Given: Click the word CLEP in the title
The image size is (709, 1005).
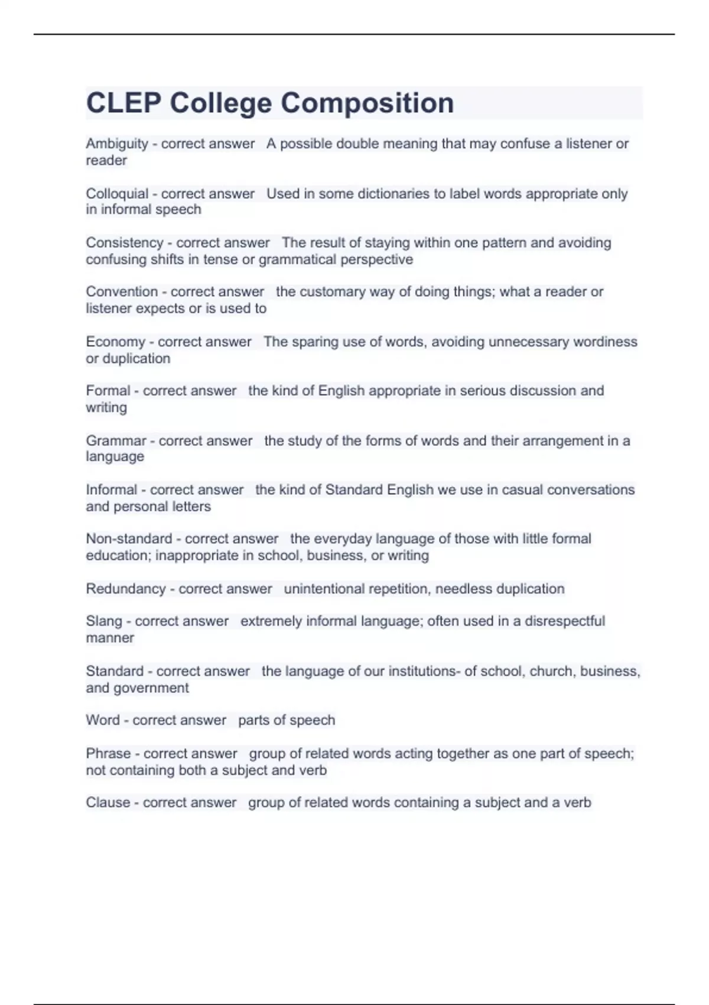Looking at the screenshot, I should click(123, 103).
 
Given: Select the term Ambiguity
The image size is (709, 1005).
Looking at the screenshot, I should click(117, 144).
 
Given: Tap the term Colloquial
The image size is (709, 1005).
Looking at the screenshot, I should click(117, 194).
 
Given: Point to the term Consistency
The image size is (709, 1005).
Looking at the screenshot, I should click(124, 243).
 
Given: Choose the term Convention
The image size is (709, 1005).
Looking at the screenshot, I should click(122, 292).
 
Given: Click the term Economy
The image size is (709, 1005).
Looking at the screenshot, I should click(115, 342).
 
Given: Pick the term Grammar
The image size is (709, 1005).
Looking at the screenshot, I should click(116, 441).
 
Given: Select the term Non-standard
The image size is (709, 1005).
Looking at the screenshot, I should click(129, 539).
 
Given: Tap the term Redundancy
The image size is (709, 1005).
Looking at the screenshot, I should click(126, 589).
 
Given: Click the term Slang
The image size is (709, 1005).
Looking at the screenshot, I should click(104, 621).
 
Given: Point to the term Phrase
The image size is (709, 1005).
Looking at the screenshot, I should click(108, 754).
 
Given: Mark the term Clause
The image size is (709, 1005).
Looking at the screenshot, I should click(108, 803).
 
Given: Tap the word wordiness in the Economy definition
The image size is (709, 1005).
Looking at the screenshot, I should click(605, 342).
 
